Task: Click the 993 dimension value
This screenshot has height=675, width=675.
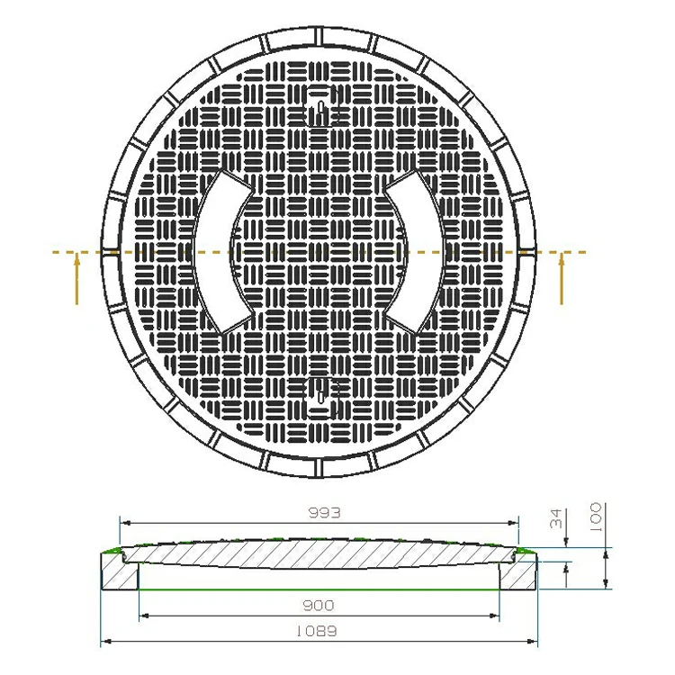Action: point(320,513)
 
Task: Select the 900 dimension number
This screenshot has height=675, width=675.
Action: point(319,606)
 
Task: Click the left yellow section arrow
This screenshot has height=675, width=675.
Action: point(77,279)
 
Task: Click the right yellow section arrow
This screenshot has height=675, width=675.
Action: point(562,279)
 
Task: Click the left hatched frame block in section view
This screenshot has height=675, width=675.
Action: point(119,571)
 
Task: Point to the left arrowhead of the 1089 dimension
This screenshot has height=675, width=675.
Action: point(103,642)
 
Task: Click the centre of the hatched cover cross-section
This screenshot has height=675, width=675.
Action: point(319,559)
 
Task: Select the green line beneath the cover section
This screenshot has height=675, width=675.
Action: point(319,589)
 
